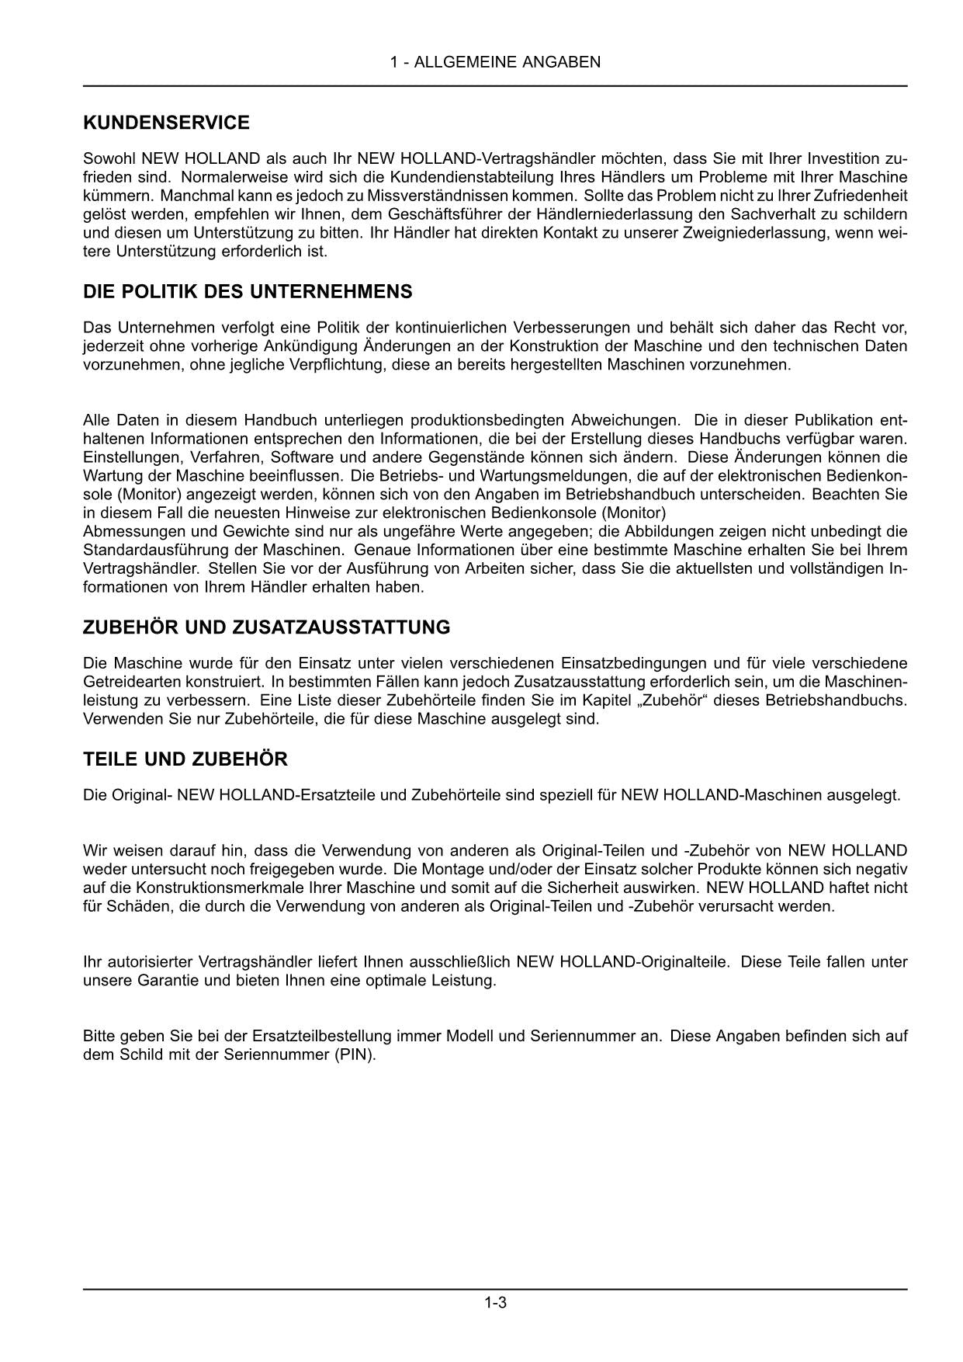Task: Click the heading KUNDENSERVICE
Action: point(166,123)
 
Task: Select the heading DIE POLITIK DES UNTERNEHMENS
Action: point(248,292)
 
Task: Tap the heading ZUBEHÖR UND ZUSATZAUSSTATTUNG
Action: point(266,627)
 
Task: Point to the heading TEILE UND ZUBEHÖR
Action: point(185,759)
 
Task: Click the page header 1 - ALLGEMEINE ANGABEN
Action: point(495,62)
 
